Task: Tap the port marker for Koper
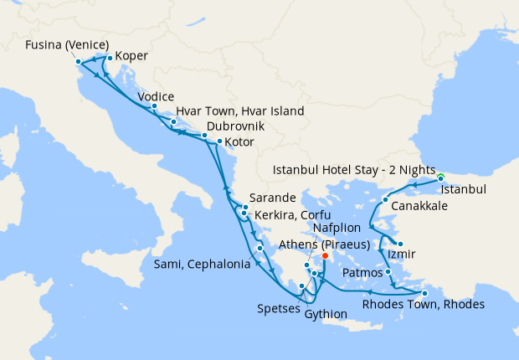[x=110, y=58]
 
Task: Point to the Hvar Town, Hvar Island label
[x=239, y=111]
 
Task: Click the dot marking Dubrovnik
[x=203, y=136]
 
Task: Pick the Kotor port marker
[x=218, y=141]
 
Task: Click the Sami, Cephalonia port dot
[x=260, y=248]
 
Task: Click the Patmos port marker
[x=388, y=272]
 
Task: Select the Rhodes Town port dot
[x=424, y=293]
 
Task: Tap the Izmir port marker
[x=400, y=244]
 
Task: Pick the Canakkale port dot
[x=385, y=200]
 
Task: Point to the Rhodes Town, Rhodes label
[x=423, y=304]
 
